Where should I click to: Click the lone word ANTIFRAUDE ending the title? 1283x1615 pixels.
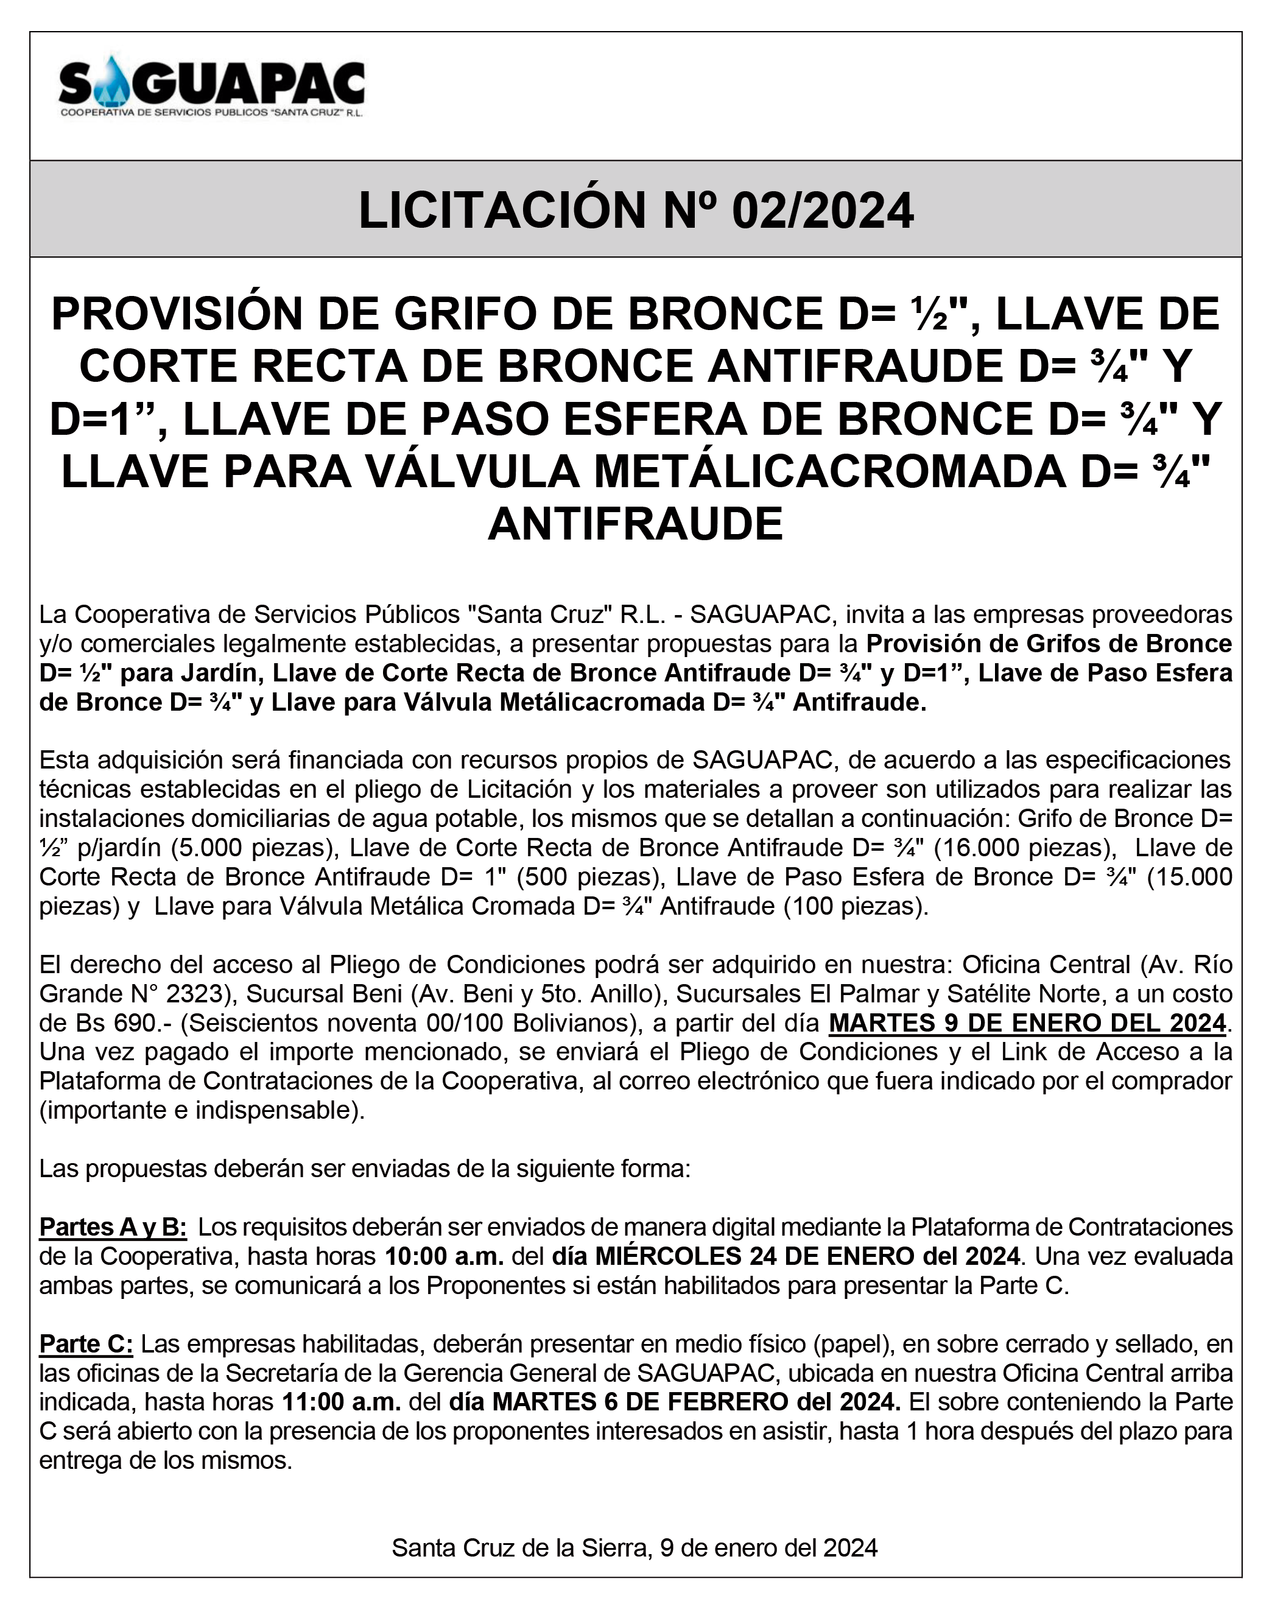(x=635, y=524)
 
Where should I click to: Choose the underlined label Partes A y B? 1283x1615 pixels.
(x=113, y=1227)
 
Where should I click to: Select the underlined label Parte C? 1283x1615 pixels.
(x=86, y=1344)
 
